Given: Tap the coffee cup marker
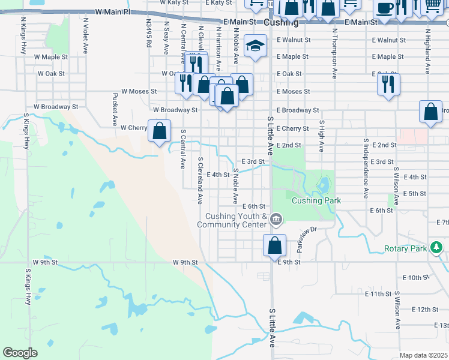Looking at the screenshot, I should click(384, 8).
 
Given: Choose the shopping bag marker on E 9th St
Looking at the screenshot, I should click(274, 245).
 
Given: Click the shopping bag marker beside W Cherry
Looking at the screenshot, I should click(160, 131).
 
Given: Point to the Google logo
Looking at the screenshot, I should click(20, 353).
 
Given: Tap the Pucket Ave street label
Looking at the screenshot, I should click(115, 109).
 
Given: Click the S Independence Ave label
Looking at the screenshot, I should click(366, 167).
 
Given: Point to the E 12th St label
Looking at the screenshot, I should click(426, 309).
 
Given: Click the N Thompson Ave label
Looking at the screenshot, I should click(334, 52).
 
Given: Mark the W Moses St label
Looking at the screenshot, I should click(139, 92).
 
